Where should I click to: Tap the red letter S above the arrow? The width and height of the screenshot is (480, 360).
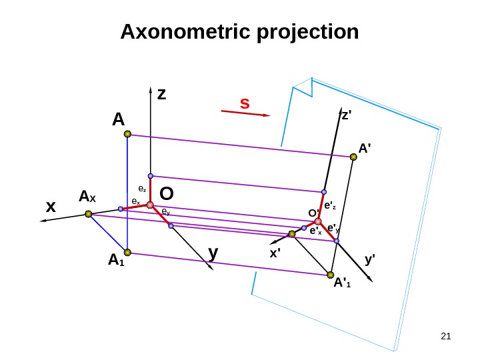click(245, 104)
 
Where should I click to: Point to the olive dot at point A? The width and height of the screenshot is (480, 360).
click(127, 134)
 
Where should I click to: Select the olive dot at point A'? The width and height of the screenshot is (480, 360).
click(353, 158)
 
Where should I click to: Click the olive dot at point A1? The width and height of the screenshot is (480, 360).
click(127, 253)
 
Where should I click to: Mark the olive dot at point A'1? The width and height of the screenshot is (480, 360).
click(330, 275)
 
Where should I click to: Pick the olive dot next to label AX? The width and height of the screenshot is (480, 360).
click(88, 214)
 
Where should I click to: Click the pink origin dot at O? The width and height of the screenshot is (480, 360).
click(151, 205)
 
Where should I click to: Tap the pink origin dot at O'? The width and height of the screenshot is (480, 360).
click(318, 221)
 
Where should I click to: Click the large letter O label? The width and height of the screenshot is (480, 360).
click(167, 194)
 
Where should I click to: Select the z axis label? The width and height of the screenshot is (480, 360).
click(161, 95)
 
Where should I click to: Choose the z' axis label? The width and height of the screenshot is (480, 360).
click(346, 115)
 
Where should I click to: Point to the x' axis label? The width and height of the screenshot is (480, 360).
click(275, 254)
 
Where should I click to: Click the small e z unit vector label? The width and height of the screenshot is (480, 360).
click(141, 189)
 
